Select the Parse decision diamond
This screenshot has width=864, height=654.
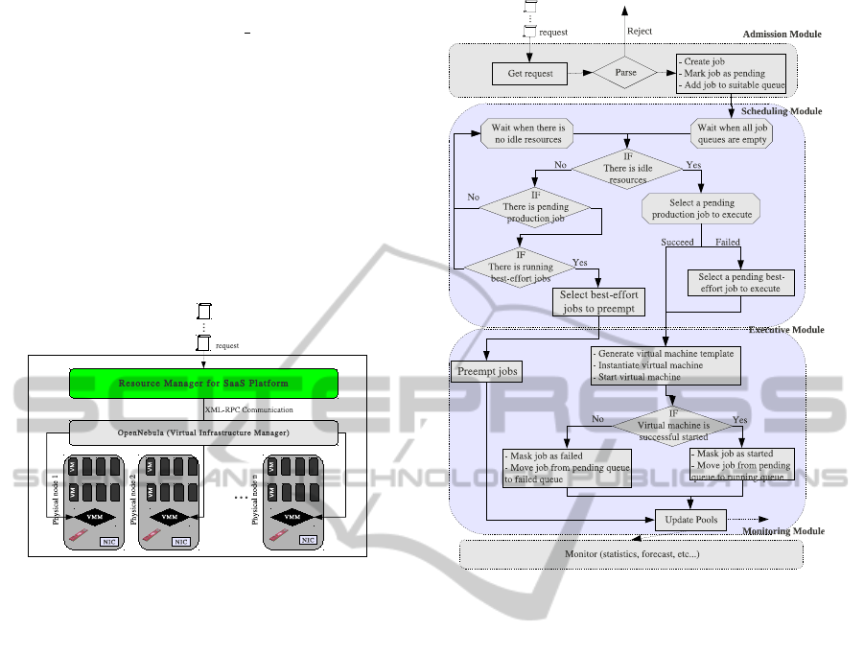624,73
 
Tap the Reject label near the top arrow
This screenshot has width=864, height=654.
640,31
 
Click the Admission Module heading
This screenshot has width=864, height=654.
782,35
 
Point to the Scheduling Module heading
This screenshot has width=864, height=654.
782,111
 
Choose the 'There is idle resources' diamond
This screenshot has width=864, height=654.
628,169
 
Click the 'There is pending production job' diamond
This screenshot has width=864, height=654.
535,207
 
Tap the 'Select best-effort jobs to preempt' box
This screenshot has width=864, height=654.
599,302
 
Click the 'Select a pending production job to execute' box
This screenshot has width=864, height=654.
700,208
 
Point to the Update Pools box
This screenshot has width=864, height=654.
690,520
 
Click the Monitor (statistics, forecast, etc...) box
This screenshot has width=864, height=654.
631,555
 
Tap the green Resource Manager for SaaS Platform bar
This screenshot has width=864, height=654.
202,384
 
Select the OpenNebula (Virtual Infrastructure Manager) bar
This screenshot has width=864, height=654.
201,432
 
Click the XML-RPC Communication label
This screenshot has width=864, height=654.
248,409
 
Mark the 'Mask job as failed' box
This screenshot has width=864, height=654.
567,467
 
